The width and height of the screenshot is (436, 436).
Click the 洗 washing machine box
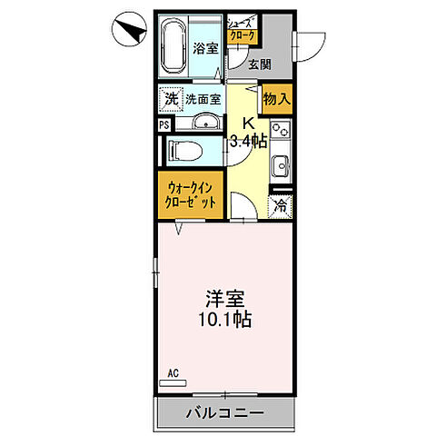tap(170, 97)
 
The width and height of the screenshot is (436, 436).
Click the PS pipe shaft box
tap(163, 125)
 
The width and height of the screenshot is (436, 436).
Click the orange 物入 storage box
tap(275, 98)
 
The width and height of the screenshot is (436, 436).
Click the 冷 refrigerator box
tap(280, 205)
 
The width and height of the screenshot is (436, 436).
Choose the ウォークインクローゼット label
tap(191, 195)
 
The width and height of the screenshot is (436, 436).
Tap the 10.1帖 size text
tap(223, 320)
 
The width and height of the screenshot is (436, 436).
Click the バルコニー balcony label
tap(225, 412)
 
